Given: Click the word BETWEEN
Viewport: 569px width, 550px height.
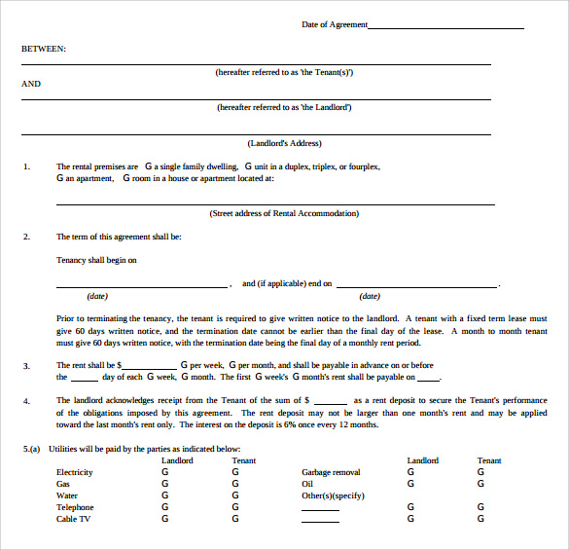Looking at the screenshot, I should tap(44, 48).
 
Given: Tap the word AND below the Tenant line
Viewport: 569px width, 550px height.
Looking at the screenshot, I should tap(31, 84).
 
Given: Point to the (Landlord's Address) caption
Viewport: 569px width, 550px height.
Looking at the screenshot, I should tap(284, 143).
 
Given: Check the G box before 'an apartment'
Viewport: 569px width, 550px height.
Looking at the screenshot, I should tap(59, 178).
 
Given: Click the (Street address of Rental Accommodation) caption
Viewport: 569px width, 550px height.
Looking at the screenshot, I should tap(284, 213).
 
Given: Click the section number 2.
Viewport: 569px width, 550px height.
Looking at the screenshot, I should tap(26, 237).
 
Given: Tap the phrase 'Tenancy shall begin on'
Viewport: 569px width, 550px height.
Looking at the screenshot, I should tap(96, 260).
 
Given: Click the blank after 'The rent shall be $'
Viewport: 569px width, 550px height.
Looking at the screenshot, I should tap(149, 366).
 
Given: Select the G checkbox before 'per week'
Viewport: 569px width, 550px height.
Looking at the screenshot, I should tap(184, 365).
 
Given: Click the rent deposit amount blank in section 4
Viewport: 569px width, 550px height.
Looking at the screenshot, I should tap(331, 401).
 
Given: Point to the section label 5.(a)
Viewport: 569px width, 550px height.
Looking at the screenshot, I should tap(32, 448).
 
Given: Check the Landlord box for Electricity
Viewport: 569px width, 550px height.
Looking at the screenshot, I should tap(164, 472).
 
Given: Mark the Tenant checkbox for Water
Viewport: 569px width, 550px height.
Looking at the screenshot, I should tap(234, 495).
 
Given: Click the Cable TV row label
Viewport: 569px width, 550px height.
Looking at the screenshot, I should tap(74, 519).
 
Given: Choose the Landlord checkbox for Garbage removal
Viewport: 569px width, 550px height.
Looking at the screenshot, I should tap(410, 472).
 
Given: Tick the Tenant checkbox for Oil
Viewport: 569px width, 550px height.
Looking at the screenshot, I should tap(480, 484).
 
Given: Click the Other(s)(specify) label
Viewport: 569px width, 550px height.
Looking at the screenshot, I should tap(333, 495).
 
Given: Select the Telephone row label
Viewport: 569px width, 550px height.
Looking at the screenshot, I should tap(75, 507).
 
